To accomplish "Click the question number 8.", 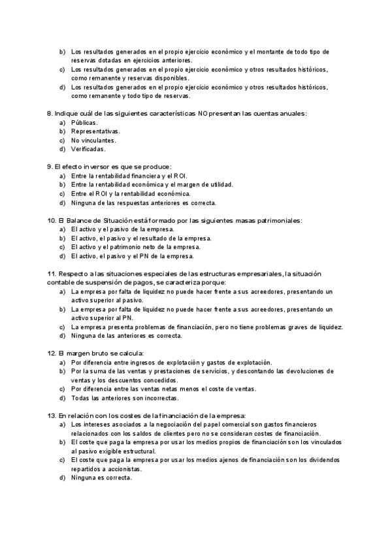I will [50, 114].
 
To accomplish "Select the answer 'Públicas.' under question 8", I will [84, 123].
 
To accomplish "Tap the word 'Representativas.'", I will [95, 131].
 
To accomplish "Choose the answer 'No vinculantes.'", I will [93, 140].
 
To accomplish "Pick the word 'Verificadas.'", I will [88, 149].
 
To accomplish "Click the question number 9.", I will [50, 167].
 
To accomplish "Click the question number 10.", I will [52, 221].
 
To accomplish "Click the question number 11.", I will [52, 274].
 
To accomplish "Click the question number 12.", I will [52, 353].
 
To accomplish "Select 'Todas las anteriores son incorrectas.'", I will [124, 398].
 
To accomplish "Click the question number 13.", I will [52, 415].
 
